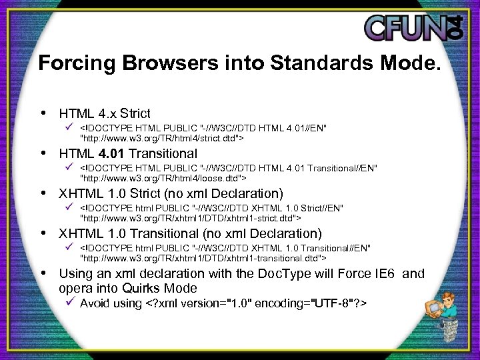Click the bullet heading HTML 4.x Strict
coord(105,113)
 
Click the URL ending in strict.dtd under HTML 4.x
coord(162,139)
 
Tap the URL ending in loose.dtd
coord(163,179)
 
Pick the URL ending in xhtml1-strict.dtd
coord(191,218)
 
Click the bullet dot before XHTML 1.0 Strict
coord(44,193)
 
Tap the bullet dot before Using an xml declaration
coord(44,273)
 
